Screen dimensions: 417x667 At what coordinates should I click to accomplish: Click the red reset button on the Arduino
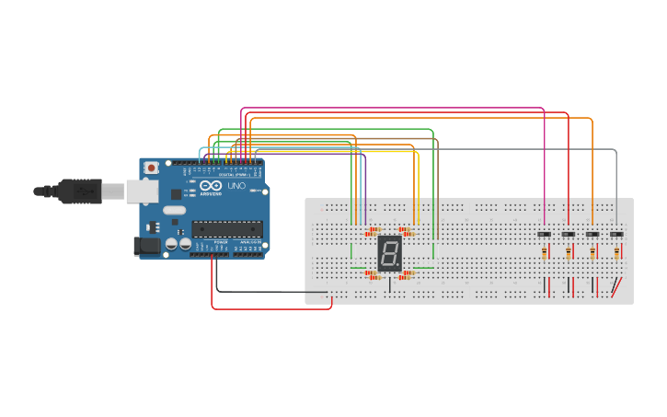coord(151,168)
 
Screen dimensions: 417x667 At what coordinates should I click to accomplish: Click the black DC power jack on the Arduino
coord(146,246)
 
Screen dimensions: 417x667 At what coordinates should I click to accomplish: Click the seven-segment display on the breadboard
coord(390,253)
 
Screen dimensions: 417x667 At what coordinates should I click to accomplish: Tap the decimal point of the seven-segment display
coord(399,267)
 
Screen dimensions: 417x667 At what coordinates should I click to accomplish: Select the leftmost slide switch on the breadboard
coord(545,234)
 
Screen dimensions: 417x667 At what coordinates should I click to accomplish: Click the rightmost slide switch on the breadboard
coord(616,234)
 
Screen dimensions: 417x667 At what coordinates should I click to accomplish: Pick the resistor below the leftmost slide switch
coord(545,251)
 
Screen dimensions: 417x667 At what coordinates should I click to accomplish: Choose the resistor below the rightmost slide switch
coord(616,251)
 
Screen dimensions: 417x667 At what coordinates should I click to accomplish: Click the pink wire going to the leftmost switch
coord(545,166)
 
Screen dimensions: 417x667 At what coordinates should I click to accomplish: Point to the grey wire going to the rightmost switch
coord(616,184)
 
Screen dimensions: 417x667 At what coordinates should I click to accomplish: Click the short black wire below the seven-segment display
coord(389,284)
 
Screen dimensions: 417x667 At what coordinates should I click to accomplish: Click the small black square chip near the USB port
coord(176,194)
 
